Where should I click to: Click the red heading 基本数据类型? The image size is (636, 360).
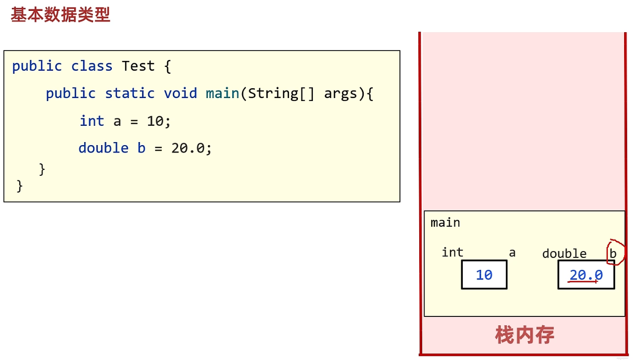[60, 15]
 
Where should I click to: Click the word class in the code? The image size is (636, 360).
[92, 66]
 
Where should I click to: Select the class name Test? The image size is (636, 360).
[138, 66]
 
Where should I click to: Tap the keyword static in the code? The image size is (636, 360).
[130, 94]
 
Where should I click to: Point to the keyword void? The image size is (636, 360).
[180, 94]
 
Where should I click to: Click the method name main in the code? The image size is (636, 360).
[223, 94]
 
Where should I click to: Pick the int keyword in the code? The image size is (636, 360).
[92, 121]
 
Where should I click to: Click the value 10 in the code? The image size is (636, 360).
[155, 121]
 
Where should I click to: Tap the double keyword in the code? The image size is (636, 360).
[103, 148]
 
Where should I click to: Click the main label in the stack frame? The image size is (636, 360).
[445, 223]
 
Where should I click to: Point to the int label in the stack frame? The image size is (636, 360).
[452, 253]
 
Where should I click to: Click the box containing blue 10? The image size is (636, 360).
[484, 275]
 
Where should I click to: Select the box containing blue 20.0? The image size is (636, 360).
[586, 275]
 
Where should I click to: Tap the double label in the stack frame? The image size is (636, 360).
[564, 254]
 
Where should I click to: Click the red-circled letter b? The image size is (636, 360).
[613, 254]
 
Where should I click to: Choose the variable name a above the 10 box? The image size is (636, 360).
[512, 253]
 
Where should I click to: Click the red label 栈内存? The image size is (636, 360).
[525, 335]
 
